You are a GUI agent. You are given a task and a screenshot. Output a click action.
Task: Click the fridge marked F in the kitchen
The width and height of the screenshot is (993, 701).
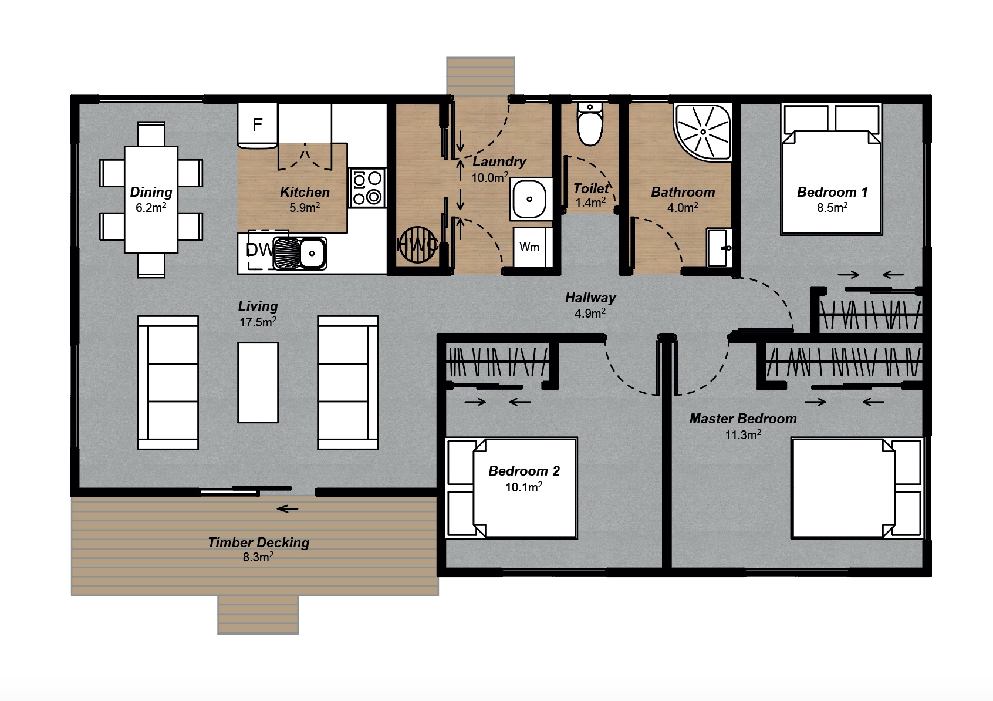click(x=257, y=125)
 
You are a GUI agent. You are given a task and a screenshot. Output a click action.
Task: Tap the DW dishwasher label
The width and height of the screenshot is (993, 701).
click(x=259, y=251)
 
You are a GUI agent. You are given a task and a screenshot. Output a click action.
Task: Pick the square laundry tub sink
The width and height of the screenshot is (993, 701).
click(x=531, y=198)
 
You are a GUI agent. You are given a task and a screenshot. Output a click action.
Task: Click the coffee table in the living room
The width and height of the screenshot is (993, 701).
click(x=258, y=382)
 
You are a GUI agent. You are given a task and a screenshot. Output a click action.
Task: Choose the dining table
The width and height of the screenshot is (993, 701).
click(x=151, y=200)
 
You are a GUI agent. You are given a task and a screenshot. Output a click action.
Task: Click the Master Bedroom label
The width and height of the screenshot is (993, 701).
click(x=742, y=419)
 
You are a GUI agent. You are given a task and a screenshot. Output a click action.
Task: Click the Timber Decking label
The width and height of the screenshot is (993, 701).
click(x=258, y=542)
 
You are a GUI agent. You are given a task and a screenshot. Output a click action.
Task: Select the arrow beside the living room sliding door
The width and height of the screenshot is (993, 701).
click(x=288, y=508)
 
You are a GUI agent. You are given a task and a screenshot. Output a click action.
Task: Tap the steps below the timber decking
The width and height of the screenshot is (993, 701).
click(x=258, y=615)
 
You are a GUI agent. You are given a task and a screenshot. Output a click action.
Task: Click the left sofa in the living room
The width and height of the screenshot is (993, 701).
click(x=168, y=382)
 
